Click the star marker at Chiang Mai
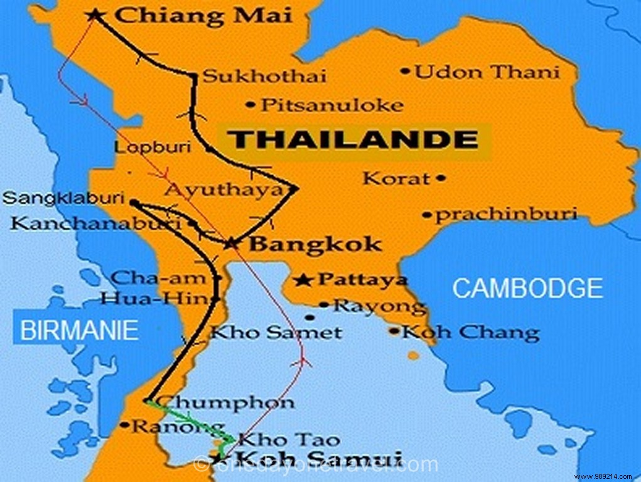[x=95, y=14]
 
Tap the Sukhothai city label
[x=265, y=77]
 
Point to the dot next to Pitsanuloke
[x=251, y=104]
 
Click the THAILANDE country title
[x=353, y=140]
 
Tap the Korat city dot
[x=441, y=178]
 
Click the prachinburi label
[x=506, y=215]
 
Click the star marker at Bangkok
[x=232, y=243]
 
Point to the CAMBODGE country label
[x=527, y=288]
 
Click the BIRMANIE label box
[x=79, y=330]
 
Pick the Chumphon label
[x=224, y=401]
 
